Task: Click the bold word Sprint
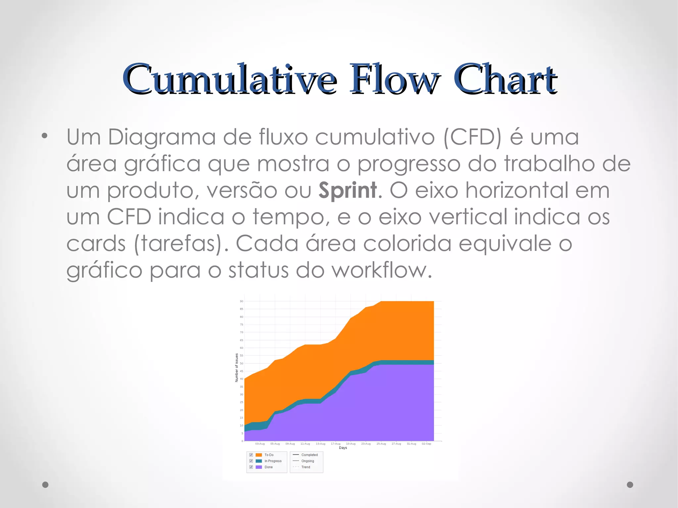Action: (347, 191)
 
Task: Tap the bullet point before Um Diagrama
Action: (45, 136)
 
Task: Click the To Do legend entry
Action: (269, 455)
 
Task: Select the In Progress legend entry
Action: (273, 461)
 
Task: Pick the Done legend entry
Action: (268, 467)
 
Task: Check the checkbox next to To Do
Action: (251, 455)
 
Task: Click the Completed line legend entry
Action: (309, 455)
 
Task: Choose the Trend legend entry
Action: (306, 467)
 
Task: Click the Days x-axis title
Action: (343, 448)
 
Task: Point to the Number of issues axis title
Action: (237, 368)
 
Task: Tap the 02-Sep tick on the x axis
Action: (426, 443)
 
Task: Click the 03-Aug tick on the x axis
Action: (260, 443)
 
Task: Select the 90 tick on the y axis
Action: (241, 301)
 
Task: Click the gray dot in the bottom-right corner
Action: (630, 485)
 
